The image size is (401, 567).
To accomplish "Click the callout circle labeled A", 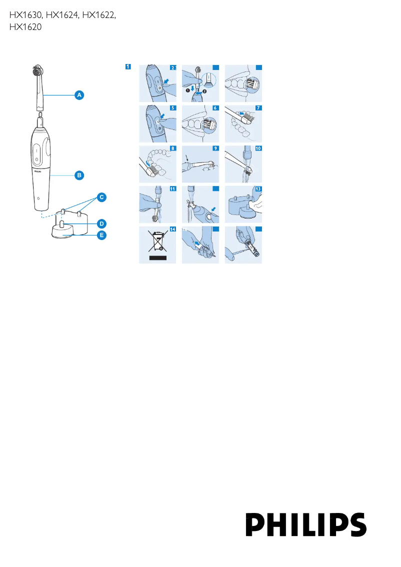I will coord(79,94).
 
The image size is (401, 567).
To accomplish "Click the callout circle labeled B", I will coord(79,175).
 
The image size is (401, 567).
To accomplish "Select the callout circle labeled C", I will coord(101,197).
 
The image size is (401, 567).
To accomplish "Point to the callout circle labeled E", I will coord(101,234).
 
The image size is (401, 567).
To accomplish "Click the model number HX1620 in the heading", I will coord(25,28).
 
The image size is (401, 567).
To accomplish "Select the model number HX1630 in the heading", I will coord(25,16).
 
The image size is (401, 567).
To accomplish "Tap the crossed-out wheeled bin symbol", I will coord(157,242).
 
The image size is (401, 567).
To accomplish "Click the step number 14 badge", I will coord(172,229).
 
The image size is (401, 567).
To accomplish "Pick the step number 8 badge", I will coord(172,148).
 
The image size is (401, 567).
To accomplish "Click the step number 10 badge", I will coord(258,148).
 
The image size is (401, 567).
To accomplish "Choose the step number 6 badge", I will coord(215,108).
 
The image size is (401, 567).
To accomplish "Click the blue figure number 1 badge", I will coord(128,66).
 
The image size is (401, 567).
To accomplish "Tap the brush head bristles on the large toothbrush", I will coord(38,72).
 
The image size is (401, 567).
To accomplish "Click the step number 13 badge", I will coord(258,189).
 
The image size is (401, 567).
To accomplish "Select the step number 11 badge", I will coord(172,189).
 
